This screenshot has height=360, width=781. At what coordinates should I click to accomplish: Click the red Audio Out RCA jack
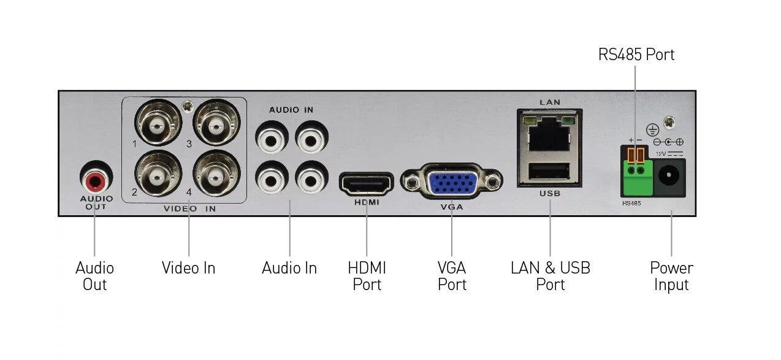pos(96,180)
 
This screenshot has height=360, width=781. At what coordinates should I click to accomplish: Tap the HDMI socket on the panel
pos(366,184)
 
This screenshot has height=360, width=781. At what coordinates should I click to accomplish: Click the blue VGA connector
pos(451,182)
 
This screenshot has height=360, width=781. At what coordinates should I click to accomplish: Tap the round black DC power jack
pos(671,177)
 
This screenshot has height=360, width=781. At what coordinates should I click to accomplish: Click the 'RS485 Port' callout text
pos(636,55)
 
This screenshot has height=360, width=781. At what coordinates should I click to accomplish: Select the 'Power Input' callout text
pos(671,276)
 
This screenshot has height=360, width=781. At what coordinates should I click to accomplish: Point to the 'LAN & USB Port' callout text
pos(550,276)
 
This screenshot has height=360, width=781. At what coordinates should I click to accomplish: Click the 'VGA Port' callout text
pos(452,276)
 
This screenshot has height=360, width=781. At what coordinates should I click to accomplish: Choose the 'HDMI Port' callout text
pos(367,276)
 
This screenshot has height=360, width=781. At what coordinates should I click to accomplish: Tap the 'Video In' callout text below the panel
pos(188,268)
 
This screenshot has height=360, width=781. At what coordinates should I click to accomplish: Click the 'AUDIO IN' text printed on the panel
pos(291,110)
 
